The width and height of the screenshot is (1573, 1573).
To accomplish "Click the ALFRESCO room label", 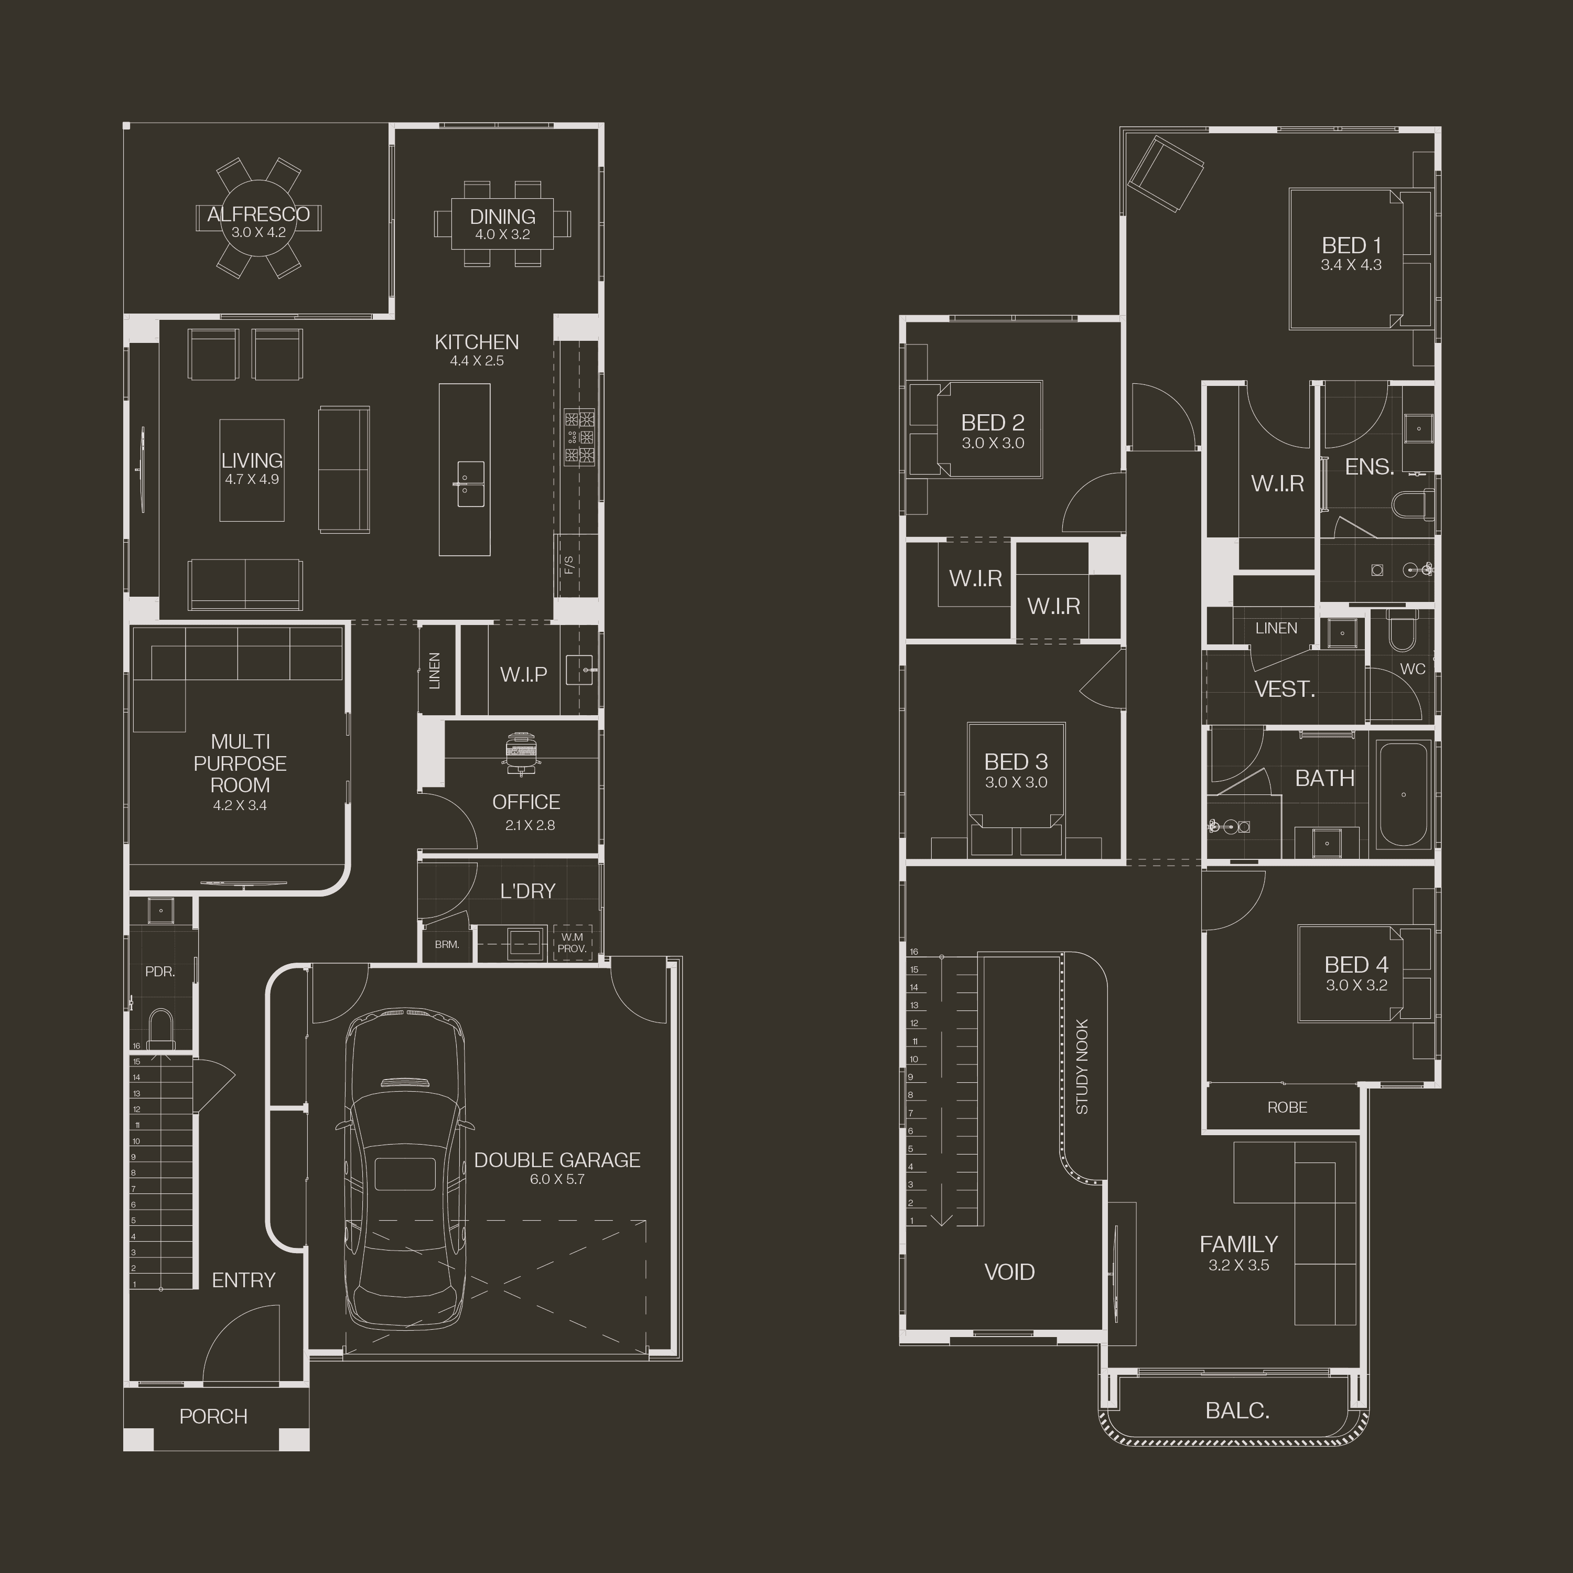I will click(x=258, y=214).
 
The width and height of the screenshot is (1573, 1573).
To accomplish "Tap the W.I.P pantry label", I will click(x=523, y=674).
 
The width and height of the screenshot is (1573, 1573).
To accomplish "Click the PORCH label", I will click(x=213, y=1417).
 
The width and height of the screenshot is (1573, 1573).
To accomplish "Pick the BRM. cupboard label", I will click(x=447, y=944).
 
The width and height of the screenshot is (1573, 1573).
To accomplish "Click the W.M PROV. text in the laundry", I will click(x=573, y=943).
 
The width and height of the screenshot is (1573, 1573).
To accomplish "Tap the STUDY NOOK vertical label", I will click(x=1082, y=1066).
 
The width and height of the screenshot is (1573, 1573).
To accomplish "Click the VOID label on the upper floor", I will click(x=1009, y=1272).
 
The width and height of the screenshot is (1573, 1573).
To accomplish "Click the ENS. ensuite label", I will click(x=1370, y=467).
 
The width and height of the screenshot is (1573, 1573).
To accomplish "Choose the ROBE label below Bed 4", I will click(x=1287, y=1107).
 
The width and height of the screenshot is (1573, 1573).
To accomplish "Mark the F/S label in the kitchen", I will click(x=569, y=564).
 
